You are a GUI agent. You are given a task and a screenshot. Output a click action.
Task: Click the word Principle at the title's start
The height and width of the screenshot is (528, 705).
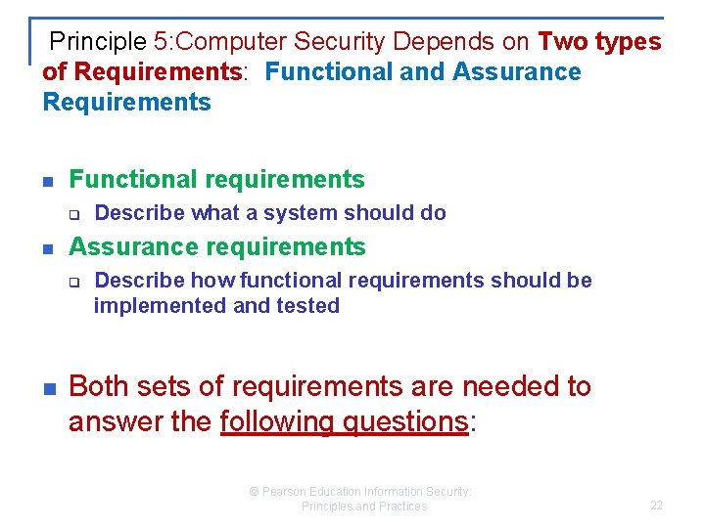(98, 42)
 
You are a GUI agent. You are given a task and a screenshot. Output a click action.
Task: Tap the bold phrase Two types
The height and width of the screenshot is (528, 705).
(599, 42)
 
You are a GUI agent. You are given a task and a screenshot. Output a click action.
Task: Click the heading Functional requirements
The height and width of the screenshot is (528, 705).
(216, 180)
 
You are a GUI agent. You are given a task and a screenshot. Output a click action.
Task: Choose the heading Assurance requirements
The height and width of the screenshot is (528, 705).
(216, 246)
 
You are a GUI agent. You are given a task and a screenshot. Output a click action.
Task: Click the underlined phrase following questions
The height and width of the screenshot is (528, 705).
(345, 422)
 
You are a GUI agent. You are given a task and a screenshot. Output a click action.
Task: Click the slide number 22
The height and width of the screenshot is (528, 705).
(656, 506)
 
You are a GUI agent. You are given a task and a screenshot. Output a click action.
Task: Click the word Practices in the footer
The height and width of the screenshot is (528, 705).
(401, 506)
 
